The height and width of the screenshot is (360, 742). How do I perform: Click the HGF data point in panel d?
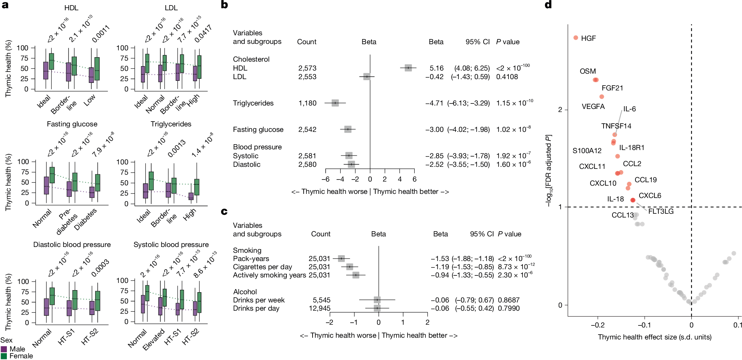click(576, 38)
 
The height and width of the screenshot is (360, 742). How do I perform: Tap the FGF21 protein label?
click(612, 88)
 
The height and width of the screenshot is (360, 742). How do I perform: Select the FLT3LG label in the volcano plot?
click(660, 211)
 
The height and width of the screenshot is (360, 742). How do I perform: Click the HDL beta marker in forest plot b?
click(408, 68)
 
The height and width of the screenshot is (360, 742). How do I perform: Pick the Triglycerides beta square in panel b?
click(335, 103)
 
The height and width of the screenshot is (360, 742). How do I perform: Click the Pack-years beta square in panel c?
click(341, 258)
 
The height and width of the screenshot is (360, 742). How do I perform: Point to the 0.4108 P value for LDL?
click(507, 77)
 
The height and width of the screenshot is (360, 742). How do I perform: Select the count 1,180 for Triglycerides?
click(307, 103)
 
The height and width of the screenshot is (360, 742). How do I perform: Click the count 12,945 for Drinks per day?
click(319, 308)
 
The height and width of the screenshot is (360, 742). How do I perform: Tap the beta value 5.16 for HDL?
click(436, 68)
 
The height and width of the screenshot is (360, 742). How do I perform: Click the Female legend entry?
click(21, 356)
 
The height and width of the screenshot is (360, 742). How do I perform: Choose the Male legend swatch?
click(4, 349)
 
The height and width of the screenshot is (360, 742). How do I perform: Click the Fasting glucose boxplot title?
click(72, 124)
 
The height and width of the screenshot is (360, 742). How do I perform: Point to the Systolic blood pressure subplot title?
click(171, 245)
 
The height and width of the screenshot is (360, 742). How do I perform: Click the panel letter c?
click(224, 211)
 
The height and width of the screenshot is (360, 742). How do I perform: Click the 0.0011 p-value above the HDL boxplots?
click(101, 34)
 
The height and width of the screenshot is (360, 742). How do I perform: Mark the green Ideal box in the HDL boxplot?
click(51, 61)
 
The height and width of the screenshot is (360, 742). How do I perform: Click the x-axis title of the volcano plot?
click(654, 337)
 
